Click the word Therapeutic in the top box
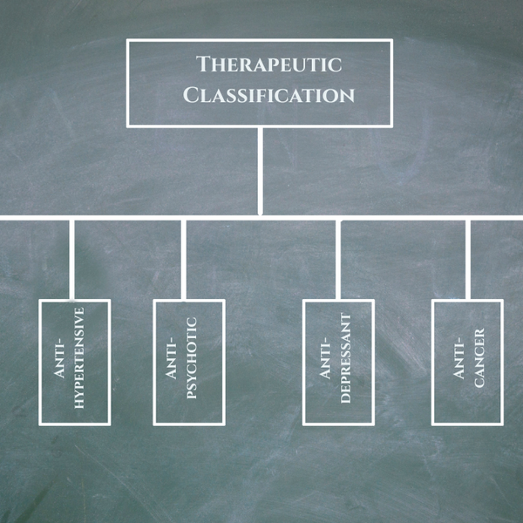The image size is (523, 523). (x=268, y=65)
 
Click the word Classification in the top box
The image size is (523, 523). (x=268, y=94)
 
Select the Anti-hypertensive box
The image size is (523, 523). (x=74, y=362)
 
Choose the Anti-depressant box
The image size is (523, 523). (x=337, y=362)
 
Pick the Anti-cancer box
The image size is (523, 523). (x=467, y=362)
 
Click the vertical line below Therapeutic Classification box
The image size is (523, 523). (x=260, y=170)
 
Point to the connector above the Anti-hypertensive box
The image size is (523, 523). (x=72, y=258)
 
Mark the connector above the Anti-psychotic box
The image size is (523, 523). (x=183, y=258)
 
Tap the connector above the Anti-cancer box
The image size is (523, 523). (x=469, y=258)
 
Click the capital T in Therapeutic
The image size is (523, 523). (x=202, y=64)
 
